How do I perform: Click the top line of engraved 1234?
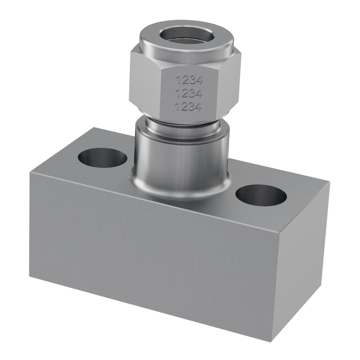click(x=189, y=80)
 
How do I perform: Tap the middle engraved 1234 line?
click(x=189, y=94)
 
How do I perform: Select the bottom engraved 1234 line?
click(x=188, y=107)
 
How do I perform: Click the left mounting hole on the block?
click(x=102, y=158)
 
